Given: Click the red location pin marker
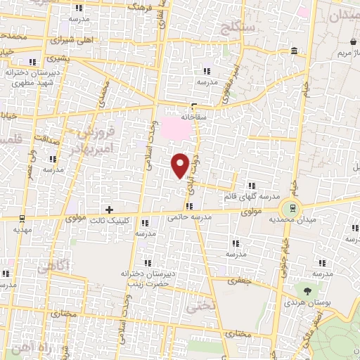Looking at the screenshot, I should click(181, 165).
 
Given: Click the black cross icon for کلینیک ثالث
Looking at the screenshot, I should click(108, 210).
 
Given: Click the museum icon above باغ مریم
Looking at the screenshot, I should click(294, 51).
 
